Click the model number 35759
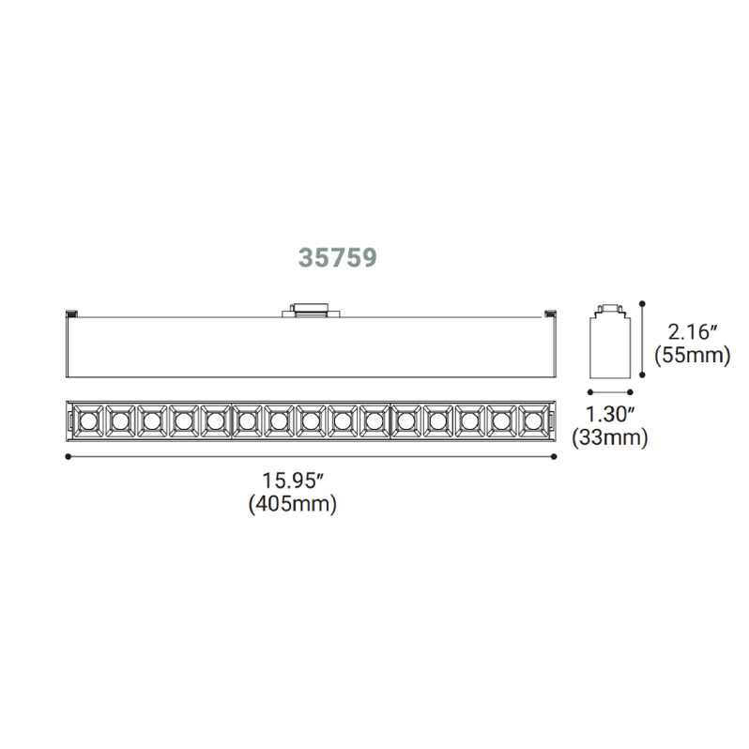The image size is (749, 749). coord(338,258)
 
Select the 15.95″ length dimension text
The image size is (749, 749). coord(292,481)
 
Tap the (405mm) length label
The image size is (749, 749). coord(292,504)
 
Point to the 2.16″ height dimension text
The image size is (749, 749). coord(694,331)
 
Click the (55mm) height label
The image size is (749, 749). coord(693,356)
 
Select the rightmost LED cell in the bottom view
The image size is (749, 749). coord(530,420)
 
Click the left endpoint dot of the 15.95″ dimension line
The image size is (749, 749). coord(69,457)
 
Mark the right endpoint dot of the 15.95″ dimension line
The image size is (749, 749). coord(555,457)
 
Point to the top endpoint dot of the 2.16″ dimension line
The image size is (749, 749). coord(643,302)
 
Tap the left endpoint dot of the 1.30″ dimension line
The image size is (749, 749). coord(588,392)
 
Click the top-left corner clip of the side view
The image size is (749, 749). coord(69,313)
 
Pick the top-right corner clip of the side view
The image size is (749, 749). coord(550,313)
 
